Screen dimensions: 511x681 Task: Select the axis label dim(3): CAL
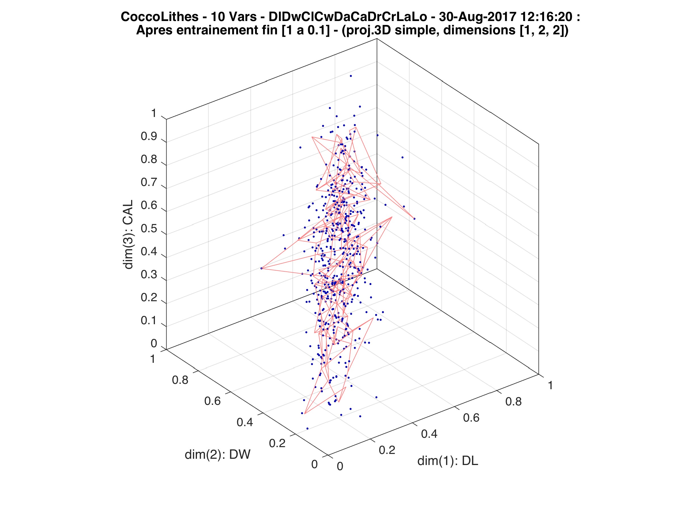128,234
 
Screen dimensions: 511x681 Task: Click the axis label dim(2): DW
217,455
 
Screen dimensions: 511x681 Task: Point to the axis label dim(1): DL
448,461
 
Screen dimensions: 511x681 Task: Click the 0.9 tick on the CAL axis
149,137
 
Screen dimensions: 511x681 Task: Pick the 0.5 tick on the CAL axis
149,229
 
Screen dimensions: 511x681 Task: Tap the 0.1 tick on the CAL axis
149,321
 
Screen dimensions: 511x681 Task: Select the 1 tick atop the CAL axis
154,114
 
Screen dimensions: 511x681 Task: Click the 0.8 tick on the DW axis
180,380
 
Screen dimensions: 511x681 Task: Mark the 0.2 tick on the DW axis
277,443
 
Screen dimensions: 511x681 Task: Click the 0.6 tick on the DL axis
471,418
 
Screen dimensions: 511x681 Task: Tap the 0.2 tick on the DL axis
387,450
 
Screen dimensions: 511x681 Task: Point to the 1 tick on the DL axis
550,385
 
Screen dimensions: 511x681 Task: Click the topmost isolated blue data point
351,76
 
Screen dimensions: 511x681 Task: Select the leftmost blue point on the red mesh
261,268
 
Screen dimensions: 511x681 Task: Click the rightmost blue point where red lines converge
414,219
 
